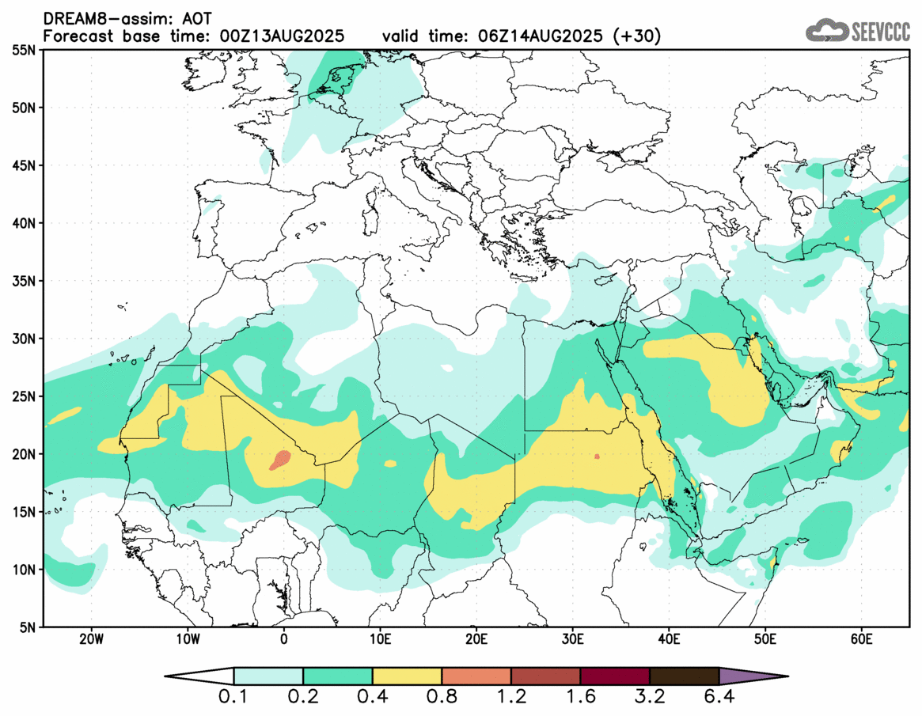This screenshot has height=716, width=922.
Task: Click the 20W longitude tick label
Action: [92, 638]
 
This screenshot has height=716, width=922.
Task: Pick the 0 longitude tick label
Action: [284, 638]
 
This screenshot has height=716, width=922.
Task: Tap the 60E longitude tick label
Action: [861, 638]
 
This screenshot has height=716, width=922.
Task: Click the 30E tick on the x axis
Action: [573, 638]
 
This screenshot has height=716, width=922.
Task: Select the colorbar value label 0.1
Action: [234, 699]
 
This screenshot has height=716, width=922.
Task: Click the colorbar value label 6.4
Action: [719, 699]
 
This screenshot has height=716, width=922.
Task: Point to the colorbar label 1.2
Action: [511, 699]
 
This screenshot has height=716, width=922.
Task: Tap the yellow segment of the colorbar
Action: [407, 676]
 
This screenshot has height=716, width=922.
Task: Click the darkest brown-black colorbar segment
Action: [684, 676]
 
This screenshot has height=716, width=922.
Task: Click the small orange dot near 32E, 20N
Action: [597, 456]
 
